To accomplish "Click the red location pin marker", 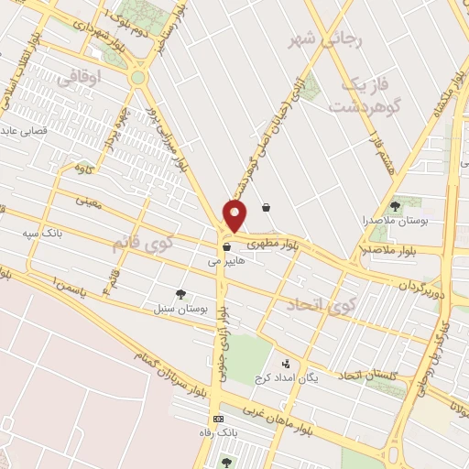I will [x=235, y=216].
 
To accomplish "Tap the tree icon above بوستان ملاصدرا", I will [x=396, y=206].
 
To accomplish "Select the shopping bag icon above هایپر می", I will [x=225, y=246].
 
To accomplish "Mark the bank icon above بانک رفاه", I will [x=217, y=419].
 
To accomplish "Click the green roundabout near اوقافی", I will [x=138, y=79].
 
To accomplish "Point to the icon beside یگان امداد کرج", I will [x=285, y=364].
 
